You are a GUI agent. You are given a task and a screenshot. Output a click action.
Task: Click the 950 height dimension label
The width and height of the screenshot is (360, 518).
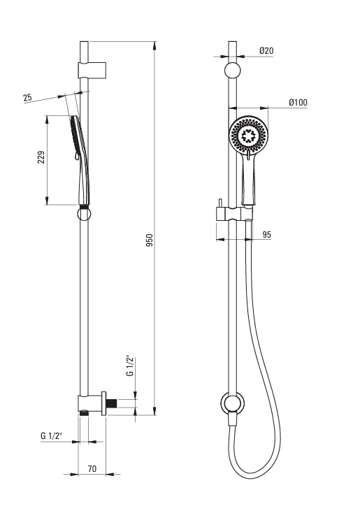click(x=150, y=240)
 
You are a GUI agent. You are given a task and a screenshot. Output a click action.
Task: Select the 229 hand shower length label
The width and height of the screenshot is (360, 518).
click(x=41, y=157)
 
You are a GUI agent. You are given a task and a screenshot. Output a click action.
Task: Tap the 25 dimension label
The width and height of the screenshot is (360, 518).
click(x=27, y=97)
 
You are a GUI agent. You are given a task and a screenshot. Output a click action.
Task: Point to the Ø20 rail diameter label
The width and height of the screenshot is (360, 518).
click(x=266, y=50)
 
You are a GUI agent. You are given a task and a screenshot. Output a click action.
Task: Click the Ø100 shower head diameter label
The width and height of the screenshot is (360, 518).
click(x=298, y=102)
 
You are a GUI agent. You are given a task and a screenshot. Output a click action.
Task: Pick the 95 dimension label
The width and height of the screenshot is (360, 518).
click(x=266, y=235)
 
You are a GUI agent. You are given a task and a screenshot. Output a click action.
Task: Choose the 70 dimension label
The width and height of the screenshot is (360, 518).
click(x=92, y=468)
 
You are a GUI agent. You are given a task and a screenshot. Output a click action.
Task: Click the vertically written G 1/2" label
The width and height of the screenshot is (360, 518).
click(x=130, y=366)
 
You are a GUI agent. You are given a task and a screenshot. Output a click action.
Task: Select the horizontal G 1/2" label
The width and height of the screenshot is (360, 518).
click(x=52, y=436)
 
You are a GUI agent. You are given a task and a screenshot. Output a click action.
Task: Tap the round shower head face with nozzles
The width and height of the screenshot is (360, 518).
click(x=249, y=135)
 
